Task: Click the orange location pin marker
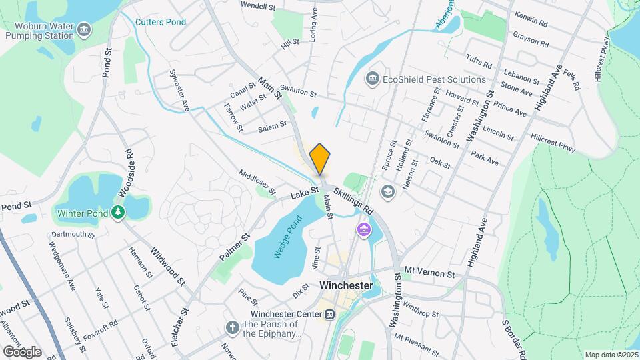click(x=320, y=159)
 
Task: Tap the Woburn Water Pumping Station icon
click(x=84, y=29)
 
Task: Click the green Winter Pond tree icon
click(x=118, y=212)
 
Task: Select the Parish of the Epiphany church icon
click(x=232, y=328)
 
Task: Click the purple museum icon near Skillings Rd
click(x=363, y=231)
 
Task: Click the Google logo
click(x=22, y=351)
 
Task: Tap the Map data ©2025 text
click(x=610, y=355)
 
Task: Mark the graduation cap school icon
click(x=386, y=192)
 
